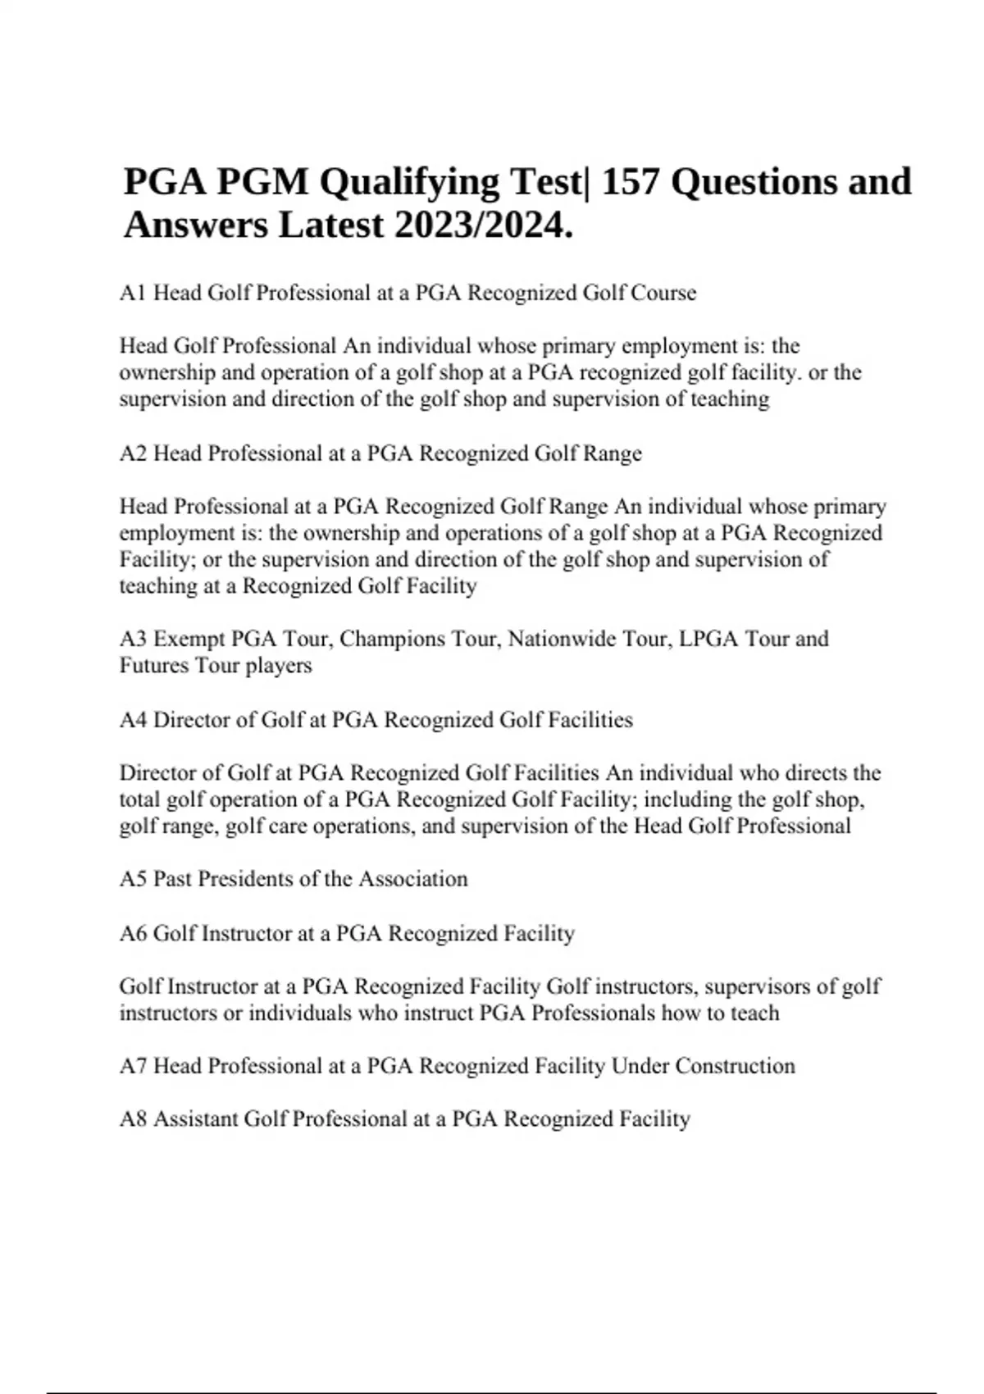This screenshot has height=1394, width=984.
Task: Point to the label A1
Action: pyautogui.click(x=133, y=293)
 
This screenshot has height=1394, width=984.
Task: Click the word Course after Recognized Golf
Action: pyautogui.click(x=663, y=293)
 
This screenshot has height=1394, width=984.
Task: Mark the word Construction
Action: pyautogui.click(x=735, y=1066)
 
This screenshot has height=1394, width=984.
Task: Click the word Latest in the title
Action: pyautogui.click(x=331, y=225)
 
